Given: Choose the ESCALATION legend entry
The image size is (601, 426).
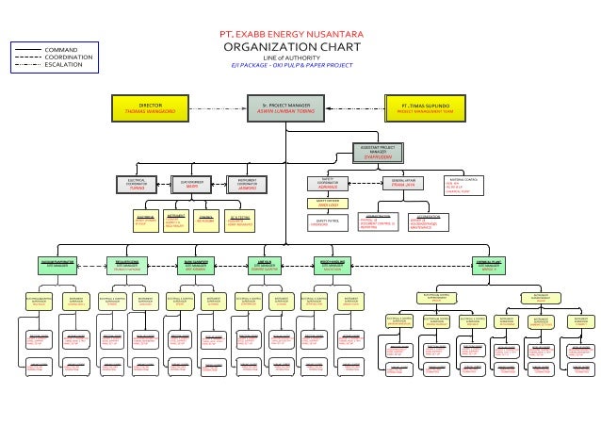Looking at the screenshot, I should (x=62, y=64).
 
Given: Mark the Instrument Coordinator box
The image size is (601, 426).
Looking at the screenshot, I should (x=247, y=184).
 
